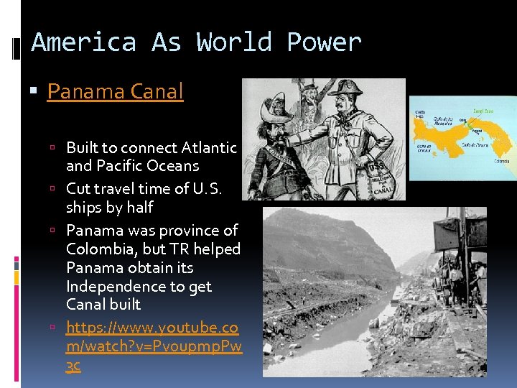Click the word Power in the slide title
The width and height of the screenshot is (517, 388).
point(324,43)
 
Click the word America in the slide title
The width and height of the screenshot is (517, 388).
point(83,42)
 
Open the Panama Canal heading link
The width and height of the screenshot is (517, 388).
point(115,91)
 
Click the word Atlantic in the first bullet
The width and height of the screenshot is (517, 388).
point(209,148)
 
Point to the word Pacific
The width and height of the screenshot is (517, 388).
point(130,166)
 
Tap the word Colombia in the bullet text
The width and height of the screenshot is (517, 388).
point(99,249)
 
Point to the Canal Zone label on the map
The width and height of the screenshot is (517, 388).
point(483,111)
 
